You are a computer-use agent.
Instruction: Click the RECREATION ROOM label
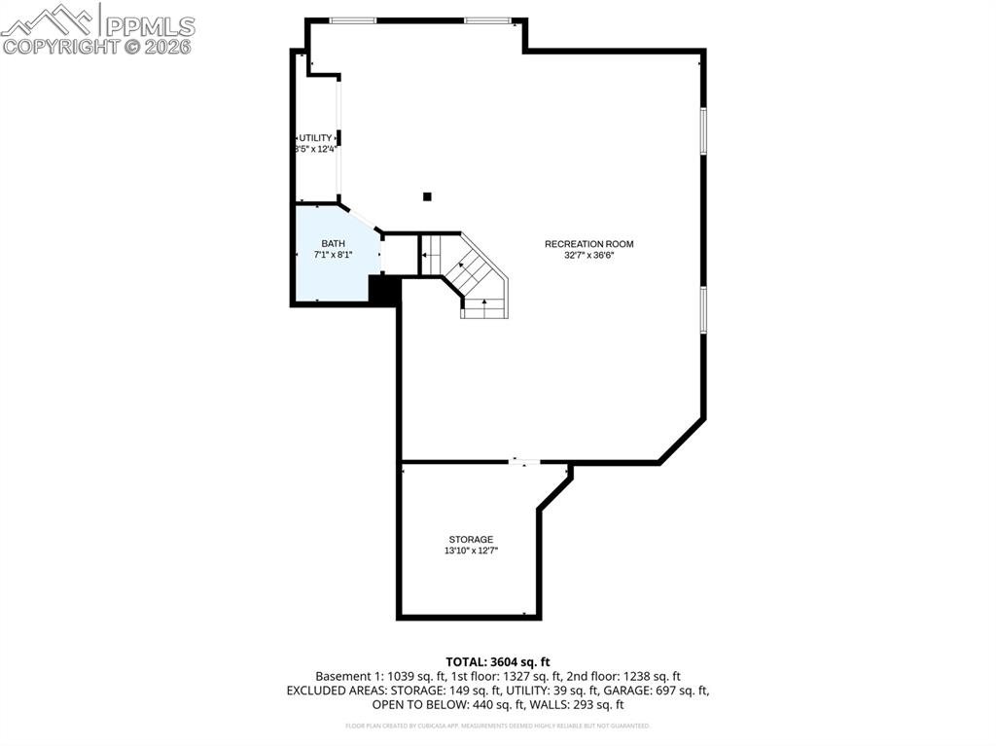[582, 244]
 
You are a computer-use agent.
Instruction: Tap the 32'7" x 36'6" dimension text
[582, 255]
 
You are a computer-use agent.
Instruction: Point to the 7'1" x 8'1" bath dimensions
[333, 255]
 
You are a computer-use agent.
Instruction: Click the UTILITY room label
[315, 138]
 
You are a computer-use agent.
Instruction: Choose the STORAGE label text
[471, 540]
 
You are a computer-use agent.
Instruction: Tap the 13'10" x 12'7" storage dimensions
[471, 551]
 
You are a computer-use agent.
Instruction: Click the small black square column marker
[427, 196]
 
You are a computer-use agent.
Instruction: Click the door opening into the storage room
[525, 461]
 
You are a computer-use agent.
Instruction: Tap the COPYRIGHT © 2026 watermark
[97, 47]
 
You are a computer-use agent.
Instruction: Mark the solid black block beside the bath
[384, 290]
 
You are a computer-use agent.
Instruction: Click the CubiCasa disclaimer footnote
[497, 726]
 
